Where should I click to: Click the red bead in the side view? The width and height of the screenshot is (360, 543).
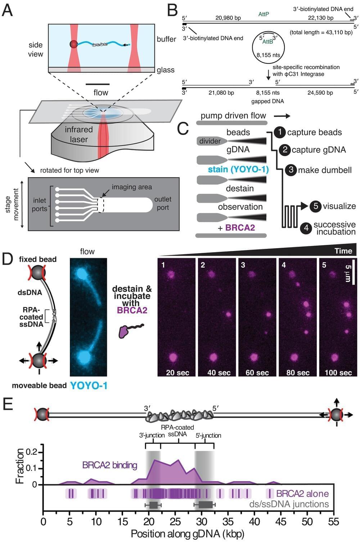coord(74,44)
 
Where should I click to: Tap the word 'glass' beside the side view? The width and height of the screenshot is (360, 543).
coord(166,70)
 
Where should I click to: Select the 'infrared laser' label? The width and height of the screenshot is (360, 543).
coord(79,134)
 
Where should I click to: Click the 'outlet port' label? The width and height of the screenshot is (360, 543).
coord(163,203)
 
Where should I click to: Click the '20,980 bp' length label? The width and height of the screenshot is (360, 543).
coord(228,18)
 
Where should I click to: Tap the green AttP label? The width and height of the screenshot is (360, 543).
coord(264,14)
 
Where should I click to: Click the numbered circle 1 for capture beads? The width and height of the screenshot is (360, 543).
coord(279,132)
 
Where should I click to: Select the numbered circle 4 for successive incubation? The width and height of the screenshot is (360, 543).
coord(306,228)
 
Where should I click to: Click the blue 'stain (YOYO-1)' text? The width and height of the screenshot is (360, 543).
coord(238,169)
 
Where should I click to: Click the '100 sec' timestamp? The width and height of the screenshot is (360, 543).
coord(338,372)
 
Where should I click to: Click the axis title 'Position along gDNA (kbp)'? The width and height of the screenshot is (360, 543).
coord(187,534)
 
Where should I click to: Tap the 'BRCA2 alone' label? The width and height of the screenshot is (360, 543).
coord(302,493)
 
